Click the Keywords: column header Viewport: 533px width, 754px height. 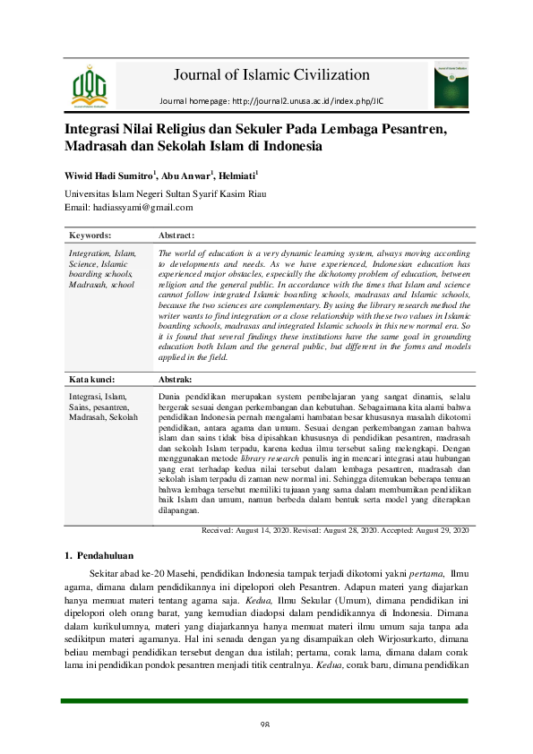90,236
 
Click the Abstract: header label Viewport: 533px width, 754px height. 176,236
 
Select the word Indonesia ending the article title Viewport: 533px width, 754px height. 289,145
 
